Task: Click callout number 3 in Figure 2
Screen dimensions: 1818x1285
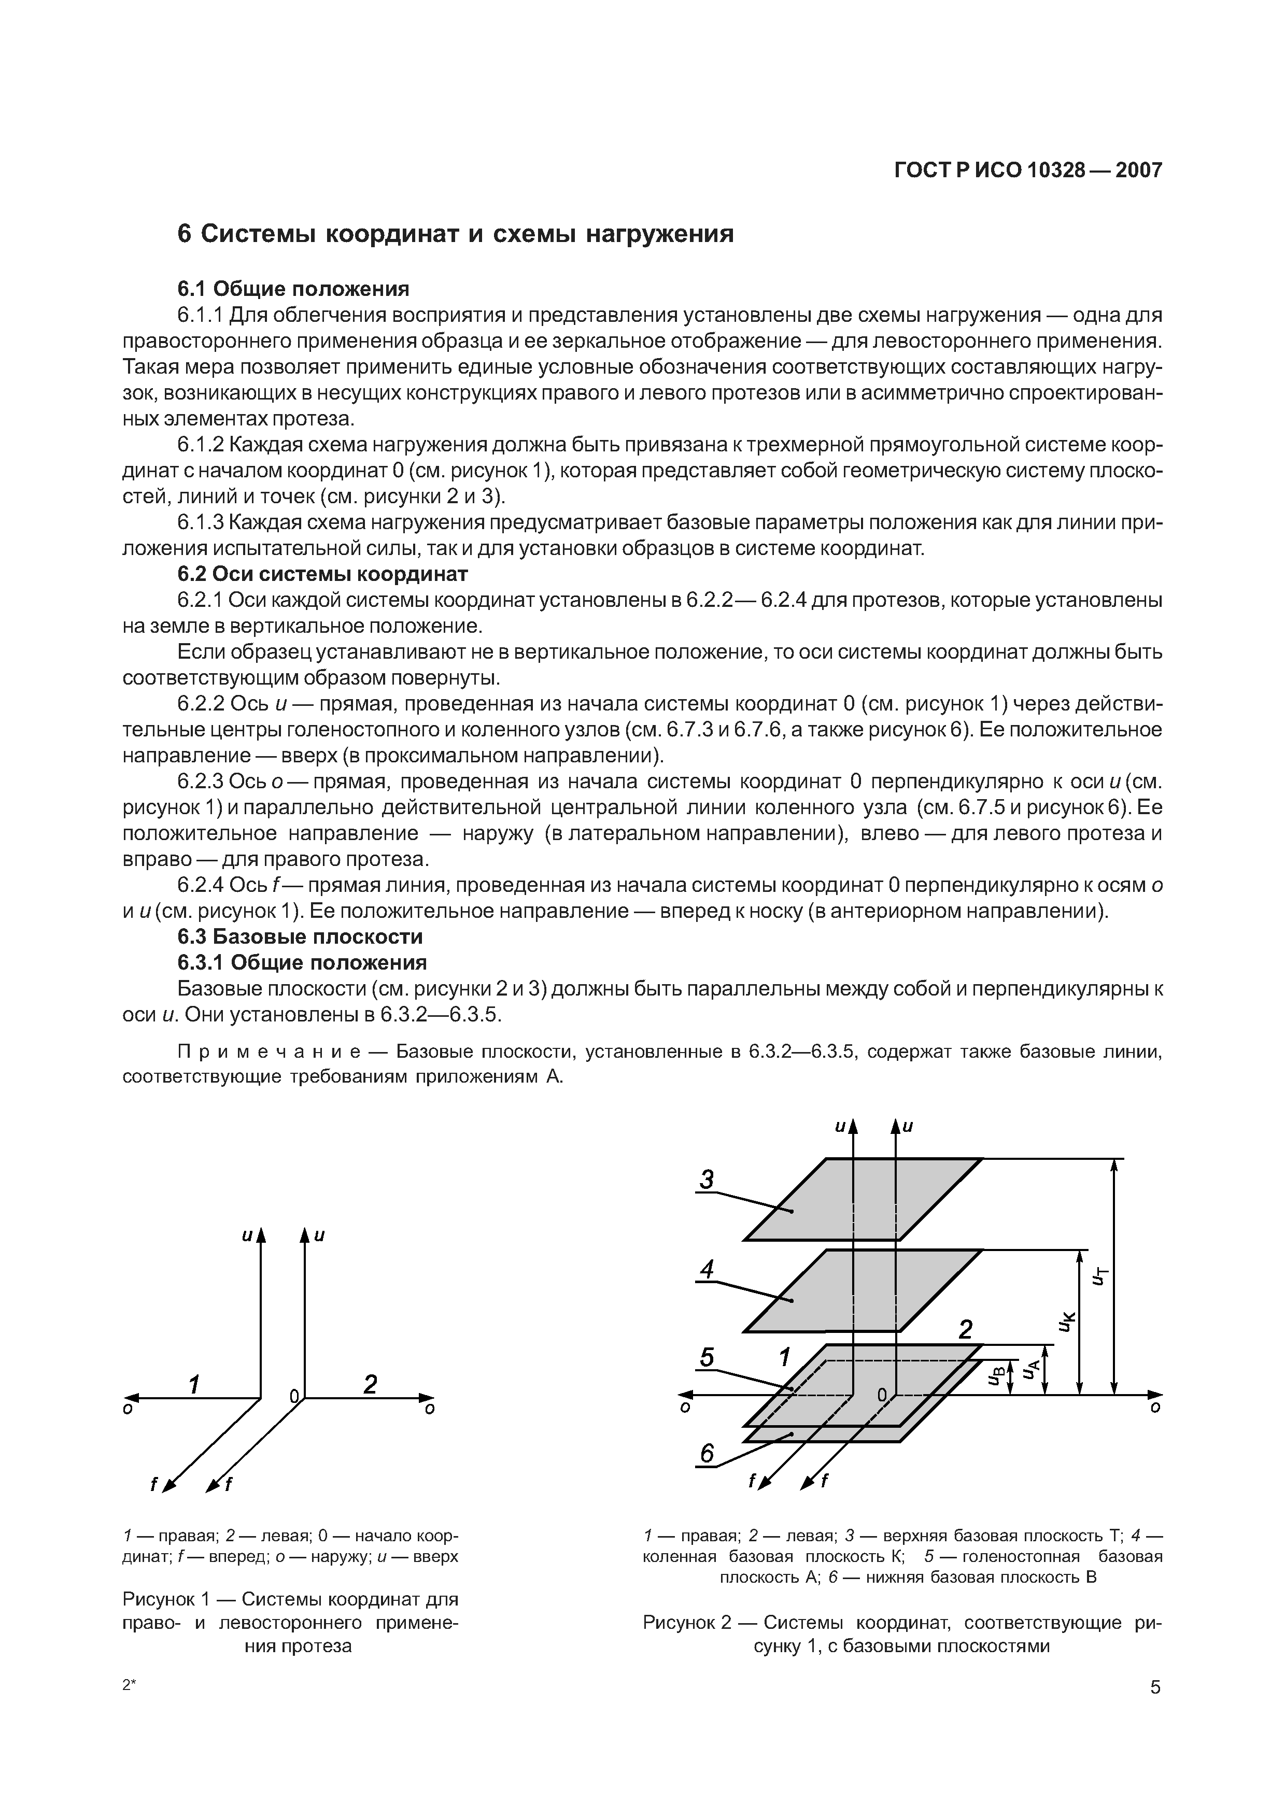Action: point(706,1181)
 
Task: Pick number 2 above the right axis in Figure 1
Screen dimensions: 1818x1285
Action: point(370,1385)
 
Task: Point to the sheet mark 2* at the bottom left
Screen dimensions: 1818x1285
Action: point(130,1685)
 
